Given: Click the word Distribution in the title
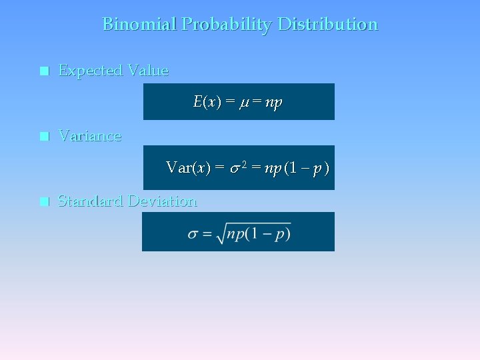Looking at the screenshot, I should coord(327,25).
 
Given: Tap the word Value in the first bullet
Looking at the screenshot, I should coord(148,70).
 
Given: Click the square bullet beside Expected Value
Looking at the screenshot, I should coord(44,71).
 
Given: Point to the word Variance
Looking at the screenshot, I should coord(90,136).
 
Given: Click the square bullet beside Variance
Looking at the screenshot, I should coord(44,137).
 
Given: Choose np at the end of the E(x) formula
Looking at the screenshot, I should coord(273,103).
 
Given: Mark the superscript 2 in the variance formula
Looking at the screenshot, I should coord(243,164).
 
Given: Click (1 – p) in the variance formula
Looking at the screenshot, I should coord(307,168).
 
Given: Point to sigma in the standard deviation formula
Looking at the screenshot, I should coord(193,234).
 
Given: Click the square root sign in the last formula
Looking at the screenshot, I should coord(220,234).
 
